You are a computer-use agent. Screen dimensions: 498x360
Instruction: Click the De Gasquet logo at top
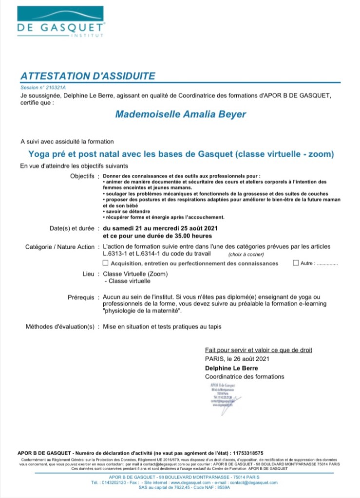[x=61, y=22]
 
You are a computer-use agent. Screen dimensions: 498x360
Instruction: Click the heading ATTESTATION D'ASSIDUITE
[x=88, y=76]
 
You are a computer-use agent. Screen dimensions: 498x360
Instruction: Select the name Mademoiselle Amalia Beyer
[x=181, y=114]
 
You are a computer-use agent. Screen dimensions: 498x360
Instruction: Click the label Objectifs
[x=82, y=176]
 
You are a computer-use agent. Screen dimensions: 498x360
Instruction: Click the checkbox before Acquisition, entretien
[x=106, y=263]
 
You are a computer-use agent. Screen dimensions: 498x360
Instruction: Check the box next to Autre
[x=296, y=263]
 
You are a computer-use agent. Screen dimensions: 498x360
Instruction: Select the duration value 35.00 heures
[x=187, y=236]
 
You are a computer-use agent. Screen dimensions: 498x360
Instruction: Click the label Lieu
[x=88, y=274]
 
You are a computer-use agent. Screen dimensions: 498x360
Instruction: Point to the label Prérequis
[x=81, y=297]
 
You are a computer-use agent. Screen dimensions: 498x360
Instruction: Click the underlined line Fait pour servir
[x=259, y=350]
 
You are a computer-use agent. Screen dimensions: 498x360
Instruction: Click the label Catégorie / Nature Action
[x=60, y=247]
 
